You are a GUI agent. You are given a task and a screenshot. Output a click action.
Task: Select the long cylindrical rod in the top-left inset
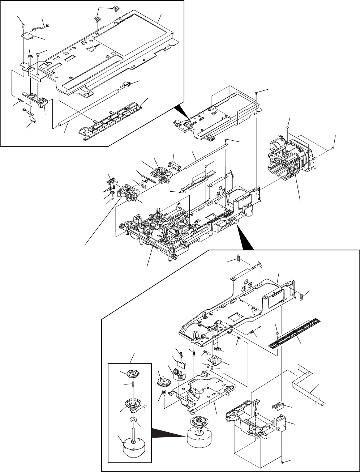tap(87, 109)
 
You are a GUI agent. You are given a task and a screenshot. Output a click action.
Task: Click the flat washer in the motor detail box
tap(134, 420)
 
